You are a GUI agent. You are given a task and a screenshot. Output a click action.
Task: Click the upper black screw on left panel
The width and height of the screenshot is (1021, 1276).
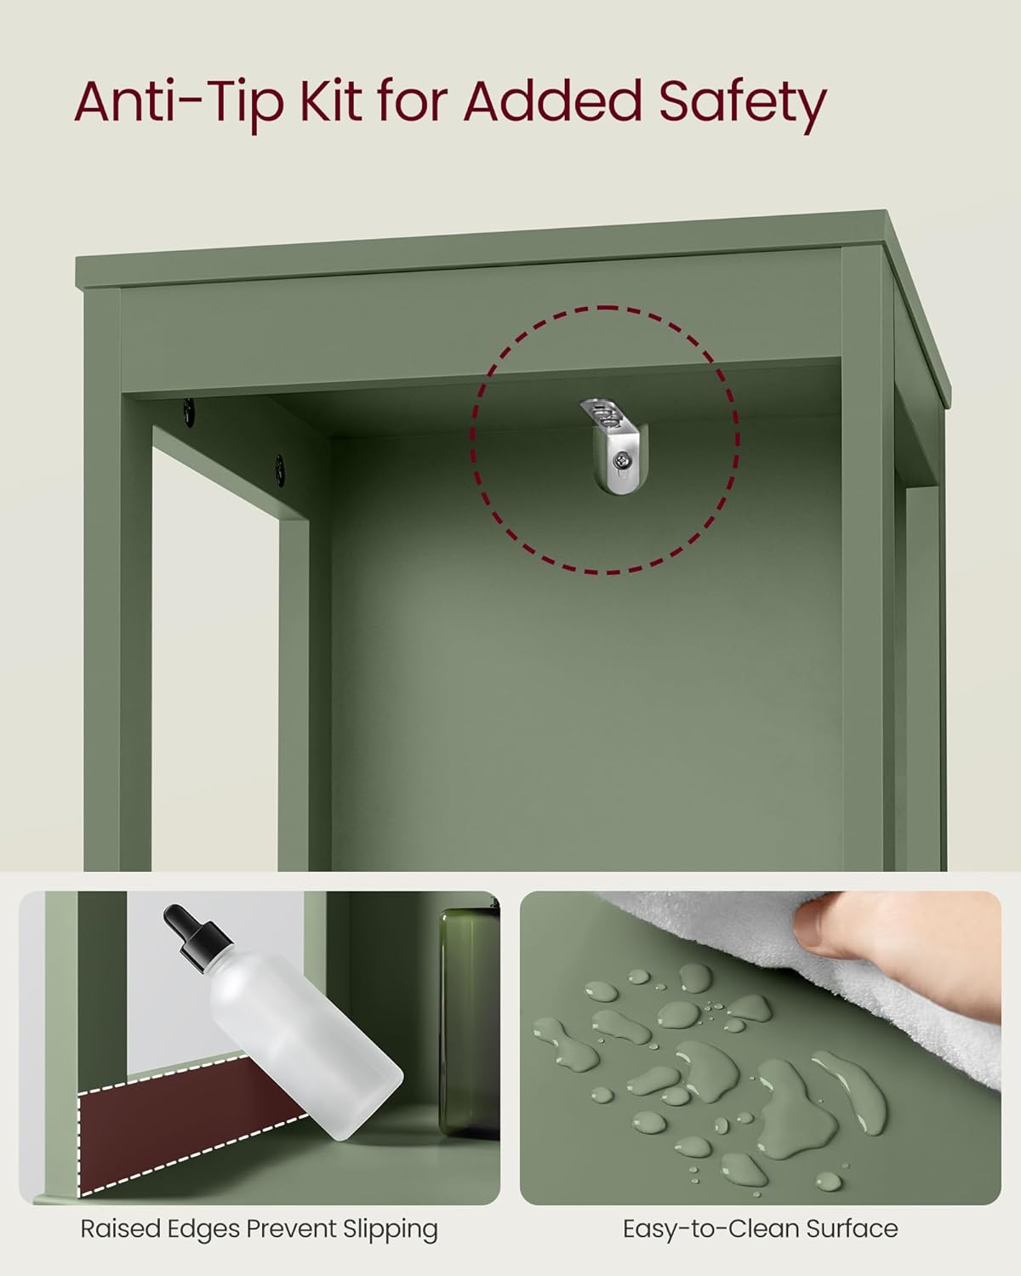tap(187, 409)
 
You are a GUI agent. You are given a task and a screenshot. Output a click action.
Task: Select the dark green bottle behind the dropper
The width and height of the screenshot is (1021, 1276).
tap(469, 1021)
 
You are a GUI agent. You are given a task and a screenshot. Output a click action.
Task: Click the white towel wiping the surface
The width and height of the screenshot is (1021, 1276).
tap(681, 944)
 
